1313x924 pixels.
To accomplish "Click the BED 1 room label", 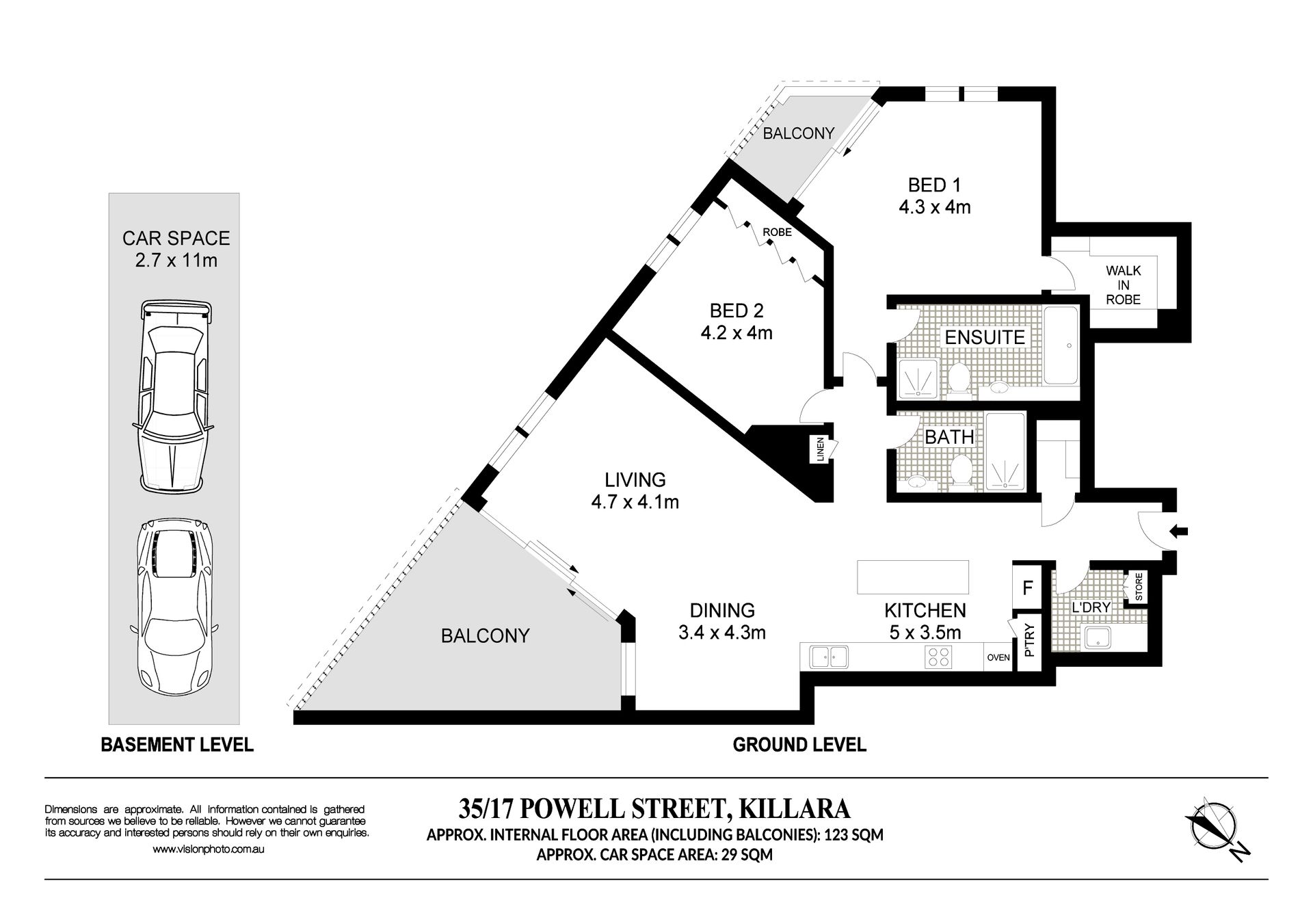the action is point(934,185).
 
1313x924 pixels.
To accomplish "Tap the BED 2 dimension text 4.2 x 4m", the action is point(737,333).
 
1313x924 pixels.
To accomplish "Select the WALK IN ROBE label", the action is point(1123,285).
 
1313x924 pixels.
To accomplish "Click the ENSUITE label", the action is point(985,337).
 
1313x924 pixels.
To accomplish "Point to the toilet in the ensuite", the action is point(959,379).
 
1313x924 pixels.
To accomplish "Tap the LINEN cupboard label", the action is point(821,449).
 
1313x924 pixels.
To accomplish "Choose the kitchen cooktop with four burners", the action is point(938,657).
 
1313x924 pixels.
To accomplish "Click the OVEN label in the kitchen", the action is point(998,658).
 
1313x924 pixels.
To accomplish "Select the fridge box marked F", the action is point(1026,588).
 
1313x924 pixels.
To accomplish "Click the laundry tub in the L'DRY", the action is point(1098,637).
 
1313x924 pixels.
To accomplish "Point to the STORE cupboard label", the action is point(1139,588).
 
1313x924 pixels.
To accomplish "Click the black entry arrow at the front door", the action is point(1180,530).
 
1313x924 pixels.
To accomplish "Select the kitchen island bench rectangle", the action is point(913,577).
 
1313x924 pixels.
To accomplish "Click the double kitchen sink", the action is point(829,657).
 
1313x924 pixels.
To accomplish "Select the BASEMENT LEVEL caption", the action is point(177,745).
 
